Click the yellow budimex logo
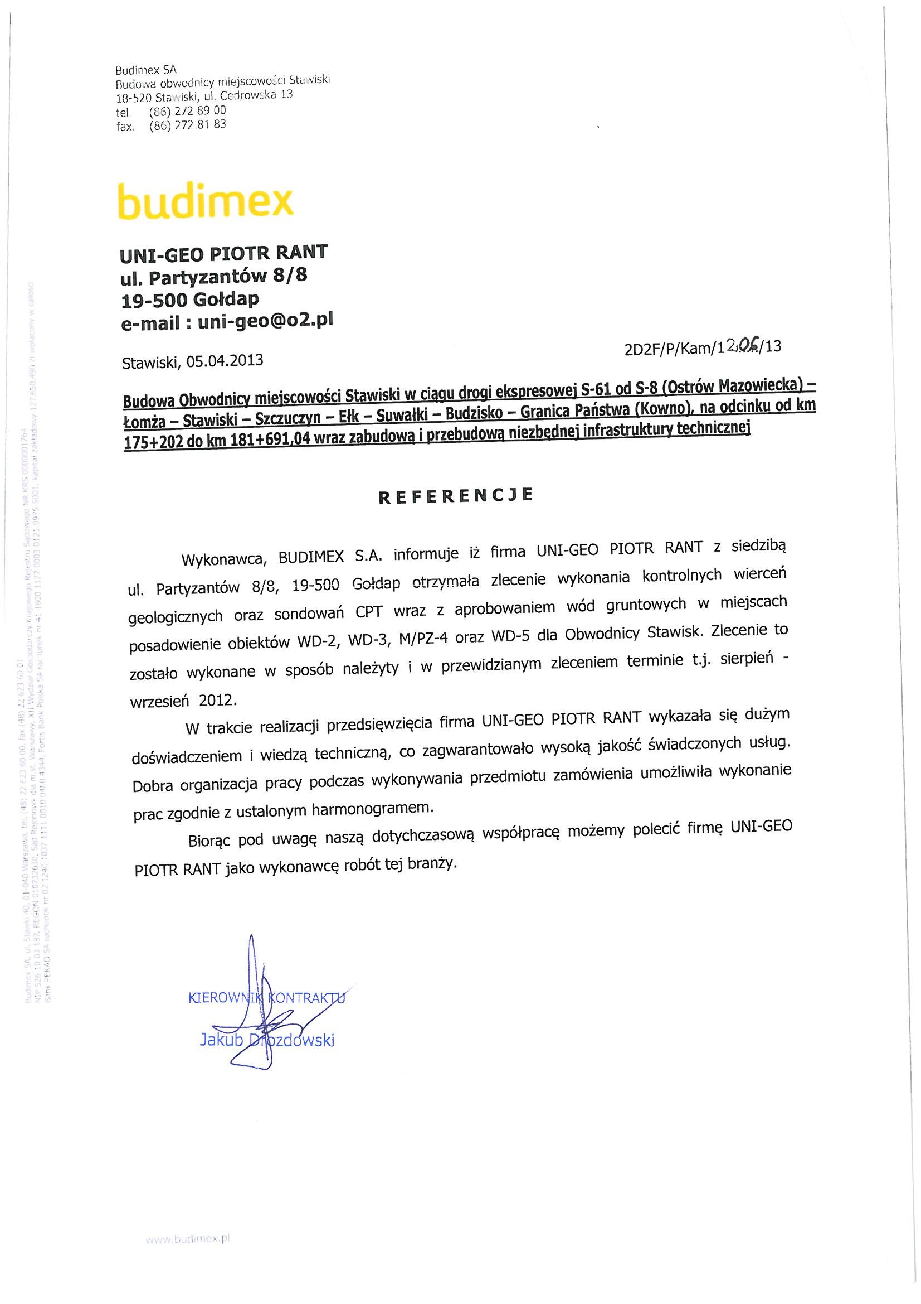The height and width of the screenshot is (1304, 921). click(205, 200)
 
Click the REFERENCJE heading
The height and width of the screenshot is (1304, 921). click(456, 495)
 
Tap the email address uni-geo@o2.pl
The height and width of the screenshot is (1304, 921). click(265, 321)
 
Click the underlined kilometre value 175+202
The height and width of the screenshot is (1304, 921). click(150, 443)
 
